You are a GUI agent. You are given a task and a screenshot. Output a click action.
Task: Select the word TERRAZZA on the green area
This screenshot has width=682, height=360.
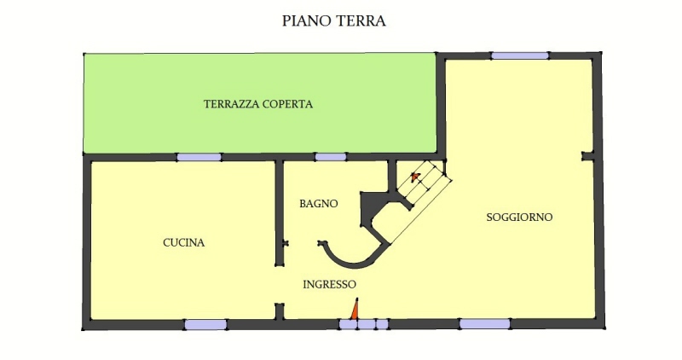[232, 104]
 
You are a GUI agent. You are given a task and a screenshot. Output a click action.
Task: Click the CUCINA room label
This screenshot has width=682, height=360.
[184, 242]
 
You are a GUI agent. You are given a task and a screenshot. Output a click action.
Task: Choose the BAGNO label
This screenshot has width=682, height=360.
[319, 203]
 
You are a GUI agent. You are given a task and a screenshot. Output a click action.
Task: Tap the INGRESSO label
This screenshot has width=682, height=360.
[330, 284]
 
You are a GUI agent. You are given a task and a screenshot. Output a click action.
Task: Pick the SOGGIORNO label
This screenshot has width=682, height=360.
[519, 218]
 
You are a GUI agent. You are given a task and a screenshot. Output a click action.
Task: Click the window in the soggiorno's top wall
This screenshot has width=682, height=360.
[520, 55]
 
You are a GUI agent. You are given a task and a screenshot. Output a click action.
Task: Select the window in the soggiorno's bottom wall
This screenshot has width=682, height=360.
[484, 324]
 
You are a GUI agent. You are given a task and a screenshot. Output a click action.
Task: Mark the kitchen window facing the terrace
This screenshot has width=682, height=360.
[199, 157]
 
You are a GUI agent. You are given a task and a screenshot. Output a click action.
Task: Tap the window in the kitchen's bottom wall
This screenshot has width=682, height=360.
[205, 324]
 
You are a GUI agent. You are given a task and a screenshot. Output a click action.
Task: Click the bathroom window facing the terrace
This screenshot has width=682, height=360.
[331, 157]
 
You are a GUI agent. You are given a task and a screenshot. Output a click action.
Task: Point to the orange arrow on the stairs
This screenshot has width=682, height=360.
[415, 177]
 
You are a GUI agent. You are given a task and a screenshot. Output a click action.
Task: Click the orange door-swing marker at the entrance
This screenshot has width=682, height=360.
[355, 309]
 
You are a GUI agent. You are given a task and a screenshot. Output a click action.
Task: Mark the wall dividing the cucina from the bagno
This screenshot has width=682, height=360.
[280, 212]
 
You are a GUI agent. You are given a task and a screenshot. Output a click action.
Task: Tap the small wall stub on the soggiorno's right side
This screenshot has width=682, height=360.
[587, 156]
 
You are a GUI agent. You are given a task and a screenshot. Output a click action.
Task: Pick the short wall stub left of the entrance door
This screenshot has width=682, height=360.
[280, 311]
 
